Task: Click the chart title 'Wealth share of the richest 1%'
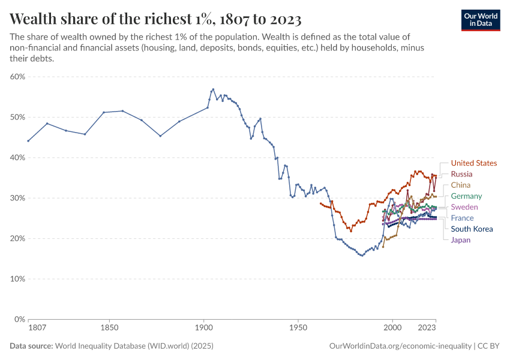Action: pyautogui.click(x=155, y=17)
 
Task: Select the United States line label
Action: pyautogui.click(x=473, y=163)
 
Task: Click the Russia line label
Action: pyautogui.click(x=461, y=174)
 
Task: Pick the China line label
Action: pyautogui.click(x=461, y=185)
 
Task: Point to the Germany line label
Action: pyautogui.click(x=466, y=196)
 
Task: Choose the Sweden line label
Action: pyautogui.click(x=464, y=207)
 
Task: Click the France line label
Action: pyautogui.click(x=462, y=218)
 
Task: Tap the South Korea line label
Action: pyautogui.click(x=472, y=229)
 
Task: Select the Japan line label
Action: pyautogui.click(x=461, y=240)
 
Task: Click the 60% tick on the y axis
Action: pyautogui.click(x=17, y=77)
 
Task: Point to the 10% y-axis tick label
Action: pyautogui.click(x=17, y=279)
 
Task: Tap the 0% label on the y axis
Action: pyautogui.click(x=19, y=319)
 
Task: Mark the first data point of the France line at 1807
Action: pyautogui.click(x=28, y=141)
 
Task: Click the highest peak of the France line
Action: pyautogui.click(x=213, y=89)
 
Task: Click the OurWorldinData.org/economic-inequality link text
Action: pyautogui.click(x=400, y=346)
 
